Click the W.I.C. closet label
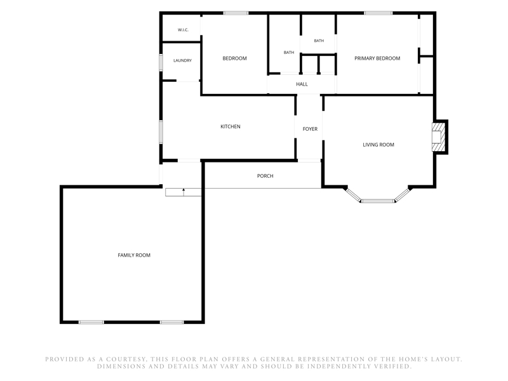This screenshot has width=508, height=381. pos(183,30)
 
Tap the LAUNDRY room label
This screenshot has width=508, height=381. pos(182,60)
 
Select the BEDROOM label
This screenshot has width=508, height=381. pos(234,58)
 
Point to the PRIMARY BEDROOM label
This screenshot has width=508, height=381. pos(377,58)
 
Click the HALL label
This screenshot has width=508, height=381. pos(302,84)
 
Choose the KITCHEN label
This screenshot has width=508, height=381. pos(231,126)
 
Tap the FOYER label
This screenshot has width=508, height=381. pos(310,129)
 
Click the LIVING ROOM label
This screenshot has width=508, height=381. pos(378,145)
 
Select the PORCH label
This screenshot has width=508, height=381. pos(265,176)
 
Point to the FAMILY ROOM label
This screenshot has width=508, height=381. pos(134,255)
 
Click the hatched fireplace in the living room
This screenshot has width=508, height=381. pos(439,137)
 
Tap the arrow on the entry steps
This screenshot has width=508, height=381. pos(184,192)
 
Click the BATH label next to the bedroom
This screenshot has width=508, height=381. pos(289,53)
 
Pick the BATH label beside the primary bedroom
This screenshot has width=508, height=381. pos(319,41)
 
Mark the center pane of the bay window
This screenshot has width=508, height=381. pos(378,201)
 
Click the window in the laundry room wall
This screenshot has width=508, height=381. pos(161,62)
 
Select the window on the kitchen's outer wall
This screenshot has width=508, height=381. pos(161,132)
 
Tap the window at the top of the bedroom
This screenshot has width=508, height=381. pos(236,13)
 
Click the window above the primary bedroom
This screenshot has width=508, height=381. pos(378,13)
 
